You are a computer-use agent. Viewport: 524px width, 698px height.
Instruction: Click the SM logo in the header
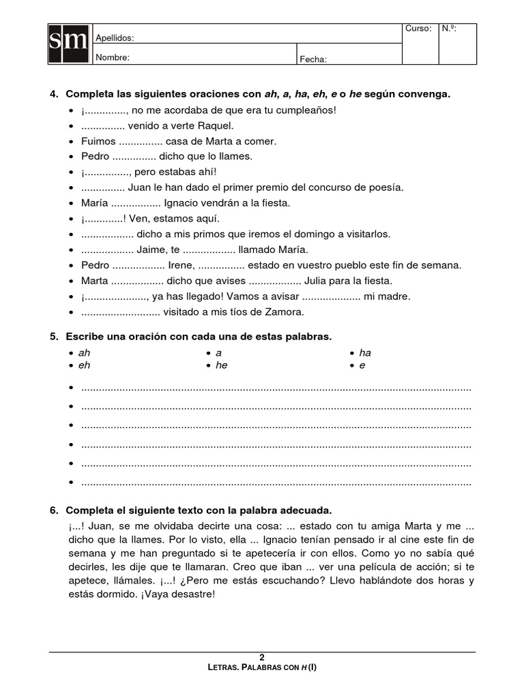69,44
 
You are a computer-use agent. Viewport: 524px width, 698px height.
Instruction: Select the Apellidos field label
115,38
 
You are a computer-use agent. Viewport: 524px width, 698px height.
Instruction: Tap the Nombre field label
113,57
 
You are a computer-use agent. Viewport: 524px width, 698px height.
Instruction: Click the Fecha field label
314,59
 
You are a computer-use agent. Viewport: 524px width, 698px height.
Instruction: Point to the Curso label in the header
418,29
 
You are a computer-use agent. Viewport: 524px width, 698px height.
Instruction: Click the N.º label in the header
449,29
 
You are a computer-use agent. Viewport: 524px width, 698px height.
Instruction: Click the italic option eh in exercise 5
85,365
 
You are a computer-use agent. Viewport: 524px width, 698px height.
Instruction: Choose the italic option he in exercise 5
222,365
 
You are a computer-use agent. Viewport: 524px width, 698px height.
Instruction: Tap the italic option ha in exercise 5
365,353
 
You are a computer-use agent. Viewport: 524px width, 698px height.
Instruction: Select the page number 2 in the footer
262,657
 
